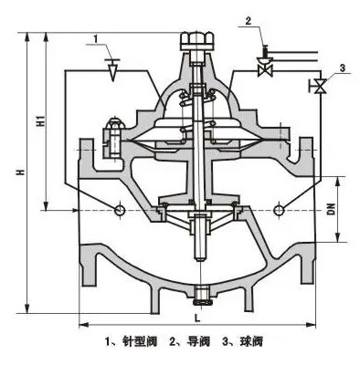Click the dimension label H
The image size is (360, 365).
pos(19,176)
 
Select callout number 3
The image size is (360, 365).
pos(342,68)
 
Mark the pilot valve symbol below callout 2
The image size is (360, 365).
pos(265,68)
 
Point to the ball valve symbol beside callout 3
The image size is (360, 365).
pos(321,87)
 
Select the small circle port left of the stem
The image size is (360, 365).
pos(120,211)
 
